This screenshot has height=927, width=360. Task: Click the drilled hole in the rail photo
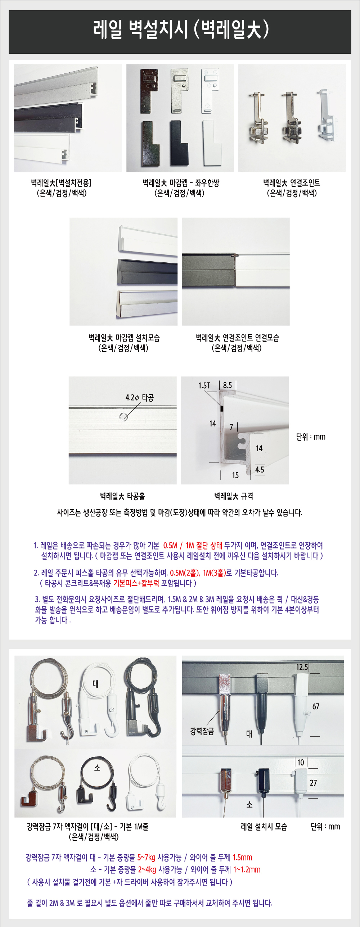coord(123,416)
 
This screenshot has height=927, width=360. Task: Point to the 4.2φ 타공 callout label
coord(140,398)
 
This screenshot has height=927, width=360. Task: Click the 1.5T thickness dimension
coord(204,385)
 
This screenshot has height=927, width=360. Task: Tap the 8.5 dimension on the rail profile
coord(228,385)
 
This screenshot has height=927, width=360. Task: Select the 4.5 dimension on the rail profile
coord(260,470)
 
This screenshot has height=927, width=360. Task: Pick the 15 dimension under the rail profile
coord(235,475)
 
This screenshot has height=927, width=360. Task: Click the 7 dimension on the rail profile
coord(231,427)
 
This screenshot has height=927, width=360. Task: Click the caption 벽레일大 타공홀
coord(122,496)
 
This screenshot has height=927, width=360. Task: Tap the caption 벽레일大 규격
coord(234,496)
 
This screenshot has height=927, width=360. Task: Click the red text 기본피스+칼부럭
coord(136,583)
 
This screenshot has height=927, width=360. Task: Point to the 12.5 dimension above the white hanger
coord(302,667)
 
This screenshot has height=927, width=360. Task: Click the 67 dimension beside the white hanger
coord(316,706)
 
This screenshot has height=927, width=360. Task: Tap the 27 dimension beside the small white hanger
coord(313,783)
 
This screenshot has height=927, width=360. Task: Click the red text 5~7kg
coord(146,858)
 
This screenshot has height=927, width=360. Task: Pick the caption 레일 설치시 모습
coord(264,827)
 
